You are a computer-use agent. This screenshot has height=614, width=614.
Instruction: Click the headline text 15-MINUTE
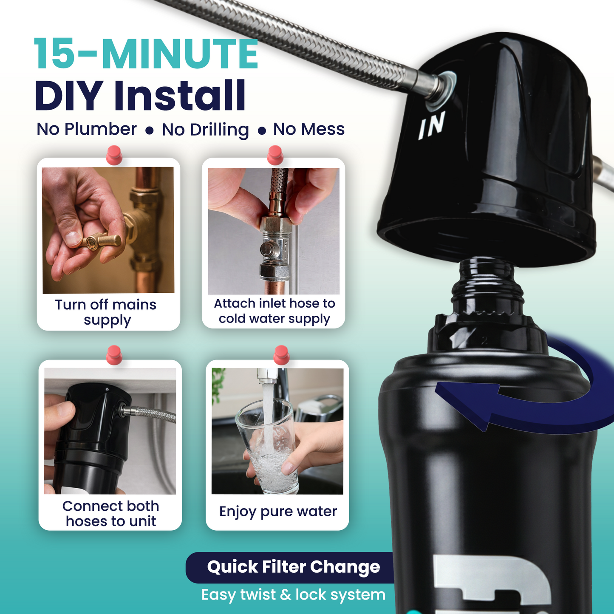[x=146, y=54]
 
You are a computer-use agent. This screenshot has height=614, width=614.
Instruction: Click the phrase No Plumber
[x=87, y=129]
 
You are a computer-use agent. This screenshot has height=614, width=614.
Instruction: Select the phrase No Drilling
[x=205, y=130]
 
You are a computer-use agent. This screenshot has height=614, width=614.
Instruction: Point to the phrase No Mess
[x=309, y=129]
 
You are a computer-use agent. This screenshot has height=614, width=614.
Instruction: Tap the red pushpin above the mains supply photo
[x=114, y=154]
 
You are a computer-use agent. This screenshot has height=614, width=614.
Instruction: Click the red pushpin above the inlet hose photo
[x=275, y=155]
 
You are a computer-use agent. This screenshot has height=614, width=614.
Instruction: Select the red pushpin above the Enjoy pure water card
[x=281, y=354]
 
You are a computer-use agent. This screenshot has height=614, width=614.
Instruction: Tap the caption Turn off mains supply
[x=106, y=312]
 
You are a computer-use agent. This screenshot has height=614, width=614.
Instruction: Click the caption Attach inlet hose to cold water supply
[x=274, y=311]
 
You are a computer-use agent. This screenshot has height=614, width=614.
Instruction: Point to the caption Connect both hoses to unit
[x=110, y=513]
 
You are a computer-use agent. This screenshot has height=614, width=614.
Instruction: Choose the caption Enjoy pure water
[x=278, y=511]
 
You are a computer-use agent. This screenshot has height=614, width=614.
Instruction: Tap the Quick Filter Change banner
[x=293, y=567]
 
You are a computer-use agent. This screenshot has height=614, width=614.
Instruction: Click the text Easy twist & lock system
[x=293, y=594]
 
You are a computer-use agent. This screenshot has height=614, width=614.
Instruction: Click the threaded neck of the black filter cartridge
[x=487, y=289]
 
